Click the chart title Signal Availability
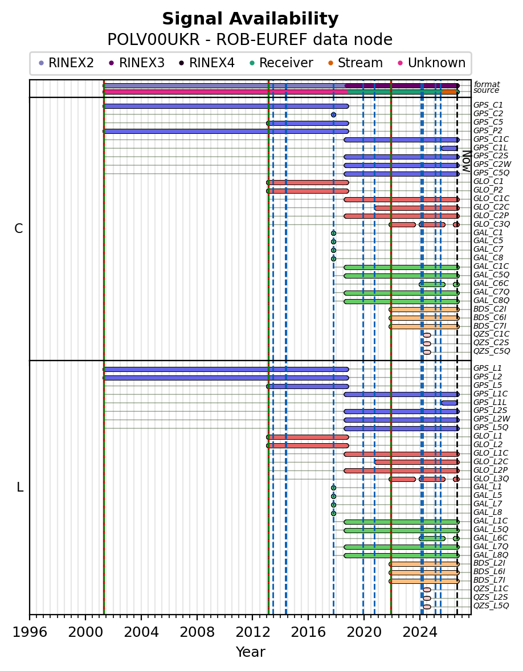click(250, 19)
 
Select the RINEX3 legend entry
click(137, 63)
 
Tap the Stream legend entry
click(356, 63)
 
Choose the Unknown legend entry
click(431, 63)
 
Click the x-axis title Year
click(250, 652)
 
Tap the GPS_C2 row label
click(488, 114)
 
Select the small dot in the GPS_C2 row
click(333, 114)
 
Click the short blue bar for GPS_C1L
click(450, 149)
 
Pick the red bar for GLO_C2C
click(417, 208)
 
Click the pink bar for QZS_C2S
click(427, 343)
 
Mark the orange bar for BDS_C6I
click(424, 318)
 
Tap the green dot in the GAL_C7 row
click(333, 250)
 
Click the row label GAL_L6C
click(491, 538)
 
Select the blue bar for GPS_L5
click(308, 386)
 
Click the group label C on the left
click(18, 229)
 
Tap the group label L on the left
click(20, 488)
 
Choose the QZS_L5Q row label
click(491, 606)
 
